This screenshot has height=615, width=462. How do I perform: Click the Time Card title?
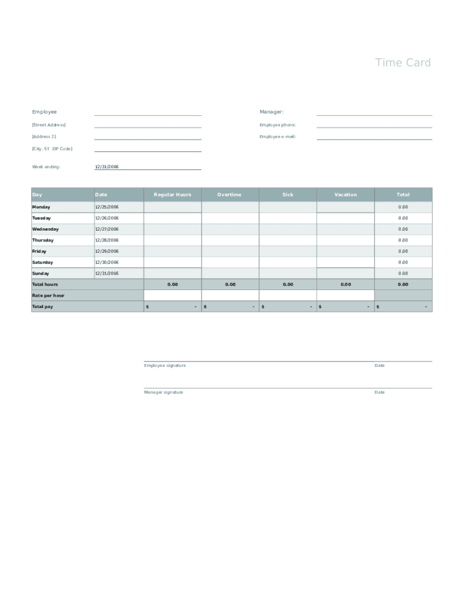coord(403,62)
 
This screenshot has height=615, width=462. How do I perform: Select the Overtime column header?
coord(229,195)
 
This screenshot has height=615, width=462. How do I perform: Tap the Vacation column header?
coord(346,195)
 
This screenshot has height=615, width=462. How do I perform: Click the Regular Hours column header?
coord(172,195)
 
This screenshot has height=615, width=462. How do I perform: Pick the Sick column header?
coord(288,195)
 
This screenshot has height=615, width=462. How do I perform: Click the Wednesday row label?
coord(46,229)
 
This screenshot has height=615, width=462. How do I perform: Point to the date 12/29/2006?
coord(107,252)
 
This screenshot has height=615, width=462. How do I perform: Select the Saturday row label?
coord(43,262)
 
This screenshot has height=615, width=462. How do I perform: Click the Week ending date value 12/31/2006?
coord(107,167)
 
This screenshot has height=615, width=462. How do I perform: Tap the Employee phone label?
coord(278,125)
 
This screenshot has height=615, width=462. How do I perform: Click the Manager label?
coord(271,112)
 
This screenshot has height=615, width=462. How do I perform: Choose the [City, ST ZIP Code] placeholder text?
coord(52,149)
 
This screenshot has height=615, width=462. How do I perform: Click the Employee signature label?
coord(165,366)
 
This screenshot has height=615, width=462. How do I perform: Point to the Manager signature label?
coord(164,393)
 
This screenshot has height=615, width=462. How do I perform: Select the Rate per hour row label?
coord(48,295)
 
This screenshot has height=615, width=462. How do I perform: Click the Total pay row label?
coord(43,307)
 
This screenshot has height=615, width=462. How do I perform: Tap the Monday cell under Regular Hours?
coord(172,207)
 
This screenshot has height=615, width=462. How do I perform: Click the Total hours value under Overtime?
coord(230,285)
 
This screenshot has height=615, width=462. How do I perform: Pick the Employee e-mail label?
coord(278,137)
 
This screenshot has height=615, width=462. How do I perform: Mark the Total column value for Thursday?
coord(403,240)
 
